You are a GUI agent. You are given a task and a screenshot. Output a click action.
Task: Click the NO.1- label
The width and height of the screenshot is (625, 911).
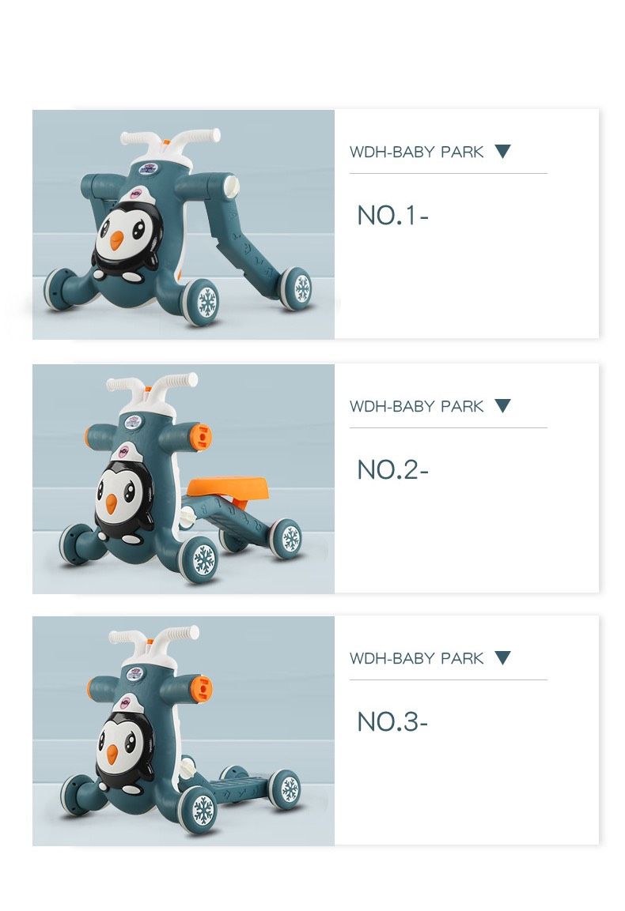point(392,216)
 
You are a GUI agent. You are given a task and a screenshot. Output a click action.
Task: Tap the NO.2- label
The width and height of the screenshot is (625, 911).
point(392,470)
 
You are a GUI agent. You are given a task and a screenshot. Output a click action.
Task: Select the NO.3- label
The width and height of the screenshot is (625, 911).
point(392,722)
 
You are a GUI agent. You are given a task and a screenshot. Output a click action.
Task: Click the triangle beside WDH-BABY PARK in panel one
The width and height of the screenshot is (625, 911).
point(502,151)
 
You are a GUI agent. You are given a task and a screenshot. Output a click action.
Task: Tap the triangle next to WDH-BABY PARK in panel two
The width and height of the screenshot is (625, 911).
point(502,405)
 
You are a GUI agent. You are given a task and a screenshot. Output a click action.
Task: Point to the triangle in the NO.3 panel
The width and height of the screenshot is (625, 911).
point(502,657)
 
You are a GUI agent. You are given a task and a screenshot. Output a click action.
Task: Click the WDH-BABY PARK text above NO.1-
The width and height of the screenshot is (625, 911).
point(416,152)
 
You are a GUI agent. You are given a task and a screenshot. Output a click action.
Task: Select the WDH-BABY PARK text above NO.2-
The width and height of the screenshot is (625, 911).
point(416,406)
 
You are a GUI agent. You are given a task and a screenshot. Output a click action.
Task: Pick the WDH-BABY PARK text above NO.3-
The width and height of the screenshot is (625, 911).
point(416,658)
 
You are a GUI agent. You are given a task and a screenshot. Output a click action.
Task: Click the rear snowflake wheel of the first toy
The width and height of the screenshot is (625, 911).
point(297,288)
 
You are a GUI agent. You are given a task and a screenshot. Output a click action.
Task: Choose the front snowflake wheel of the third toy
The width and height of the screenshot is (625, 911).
point(199,809)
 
